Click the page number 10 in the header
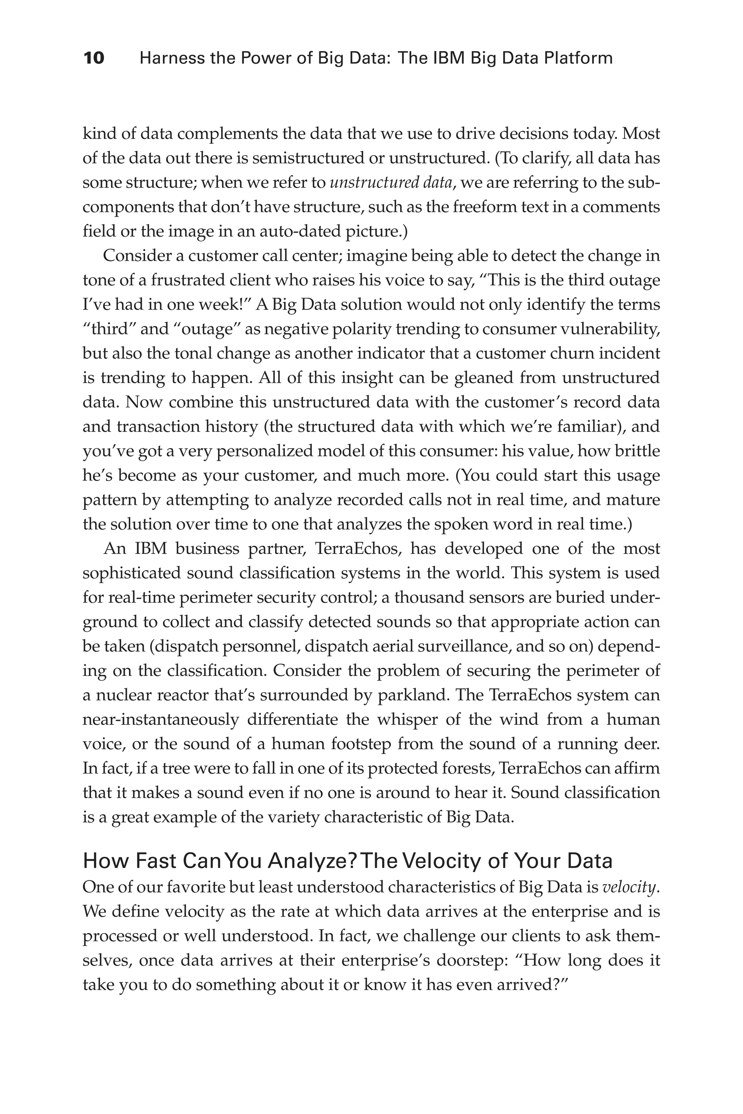(x=94, y=58)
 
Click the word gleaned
(x=483, y=378)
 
